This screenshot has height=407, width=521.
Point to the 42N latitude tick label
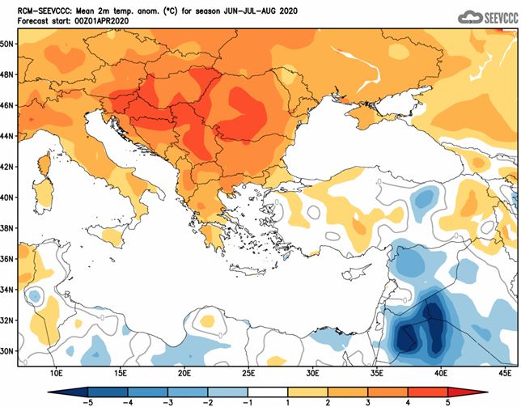click(x=8, y=167)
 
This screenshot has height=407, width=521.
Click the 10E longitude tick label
click(x=57, y=373)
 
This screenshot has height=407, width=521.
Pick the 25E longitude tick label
click(x=248, y=373)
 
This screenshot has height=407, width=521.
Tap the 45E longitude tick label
click(x=506, y=373)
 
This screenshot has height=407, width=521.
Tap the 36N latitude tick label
click(x=8, y=259)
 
